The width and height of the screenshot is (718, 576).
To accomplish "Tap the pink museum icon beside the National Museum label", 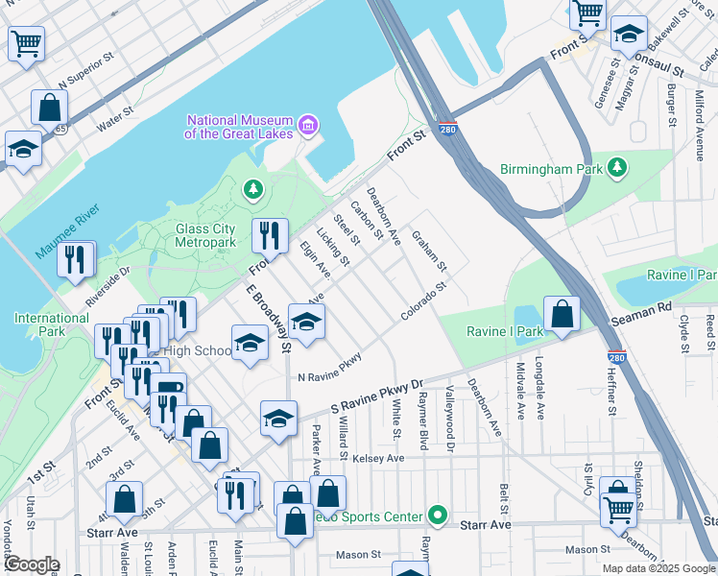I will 308,125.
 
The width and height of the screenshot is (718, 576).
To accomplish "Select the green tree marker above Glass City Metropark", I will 252,190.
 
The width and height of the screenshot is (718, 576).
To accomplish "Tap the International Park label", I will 52,324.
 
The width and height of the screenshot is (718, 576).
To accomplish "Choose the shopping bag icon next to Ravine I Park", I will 562,313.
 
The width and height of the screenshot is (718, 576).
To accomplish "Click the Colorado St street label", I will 424,301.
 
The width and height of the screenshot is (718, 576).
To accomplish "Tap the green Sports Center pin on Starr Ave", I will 438,516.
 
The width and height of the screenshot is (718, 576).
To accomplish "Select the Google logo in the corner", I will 31,564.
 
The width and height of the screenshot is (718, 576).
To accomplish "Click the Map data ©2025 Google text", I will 658,568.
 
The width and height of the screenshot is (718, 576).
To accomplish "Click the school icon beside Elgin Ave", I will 306,323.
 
